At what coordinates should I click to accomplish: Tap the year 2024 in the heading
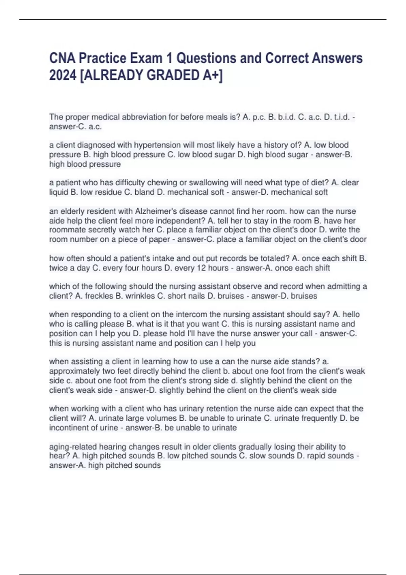pyautogui.click(x=63, y=75)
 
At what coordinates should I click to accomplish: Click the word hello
pyautogui.click(x=351, y=315)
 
